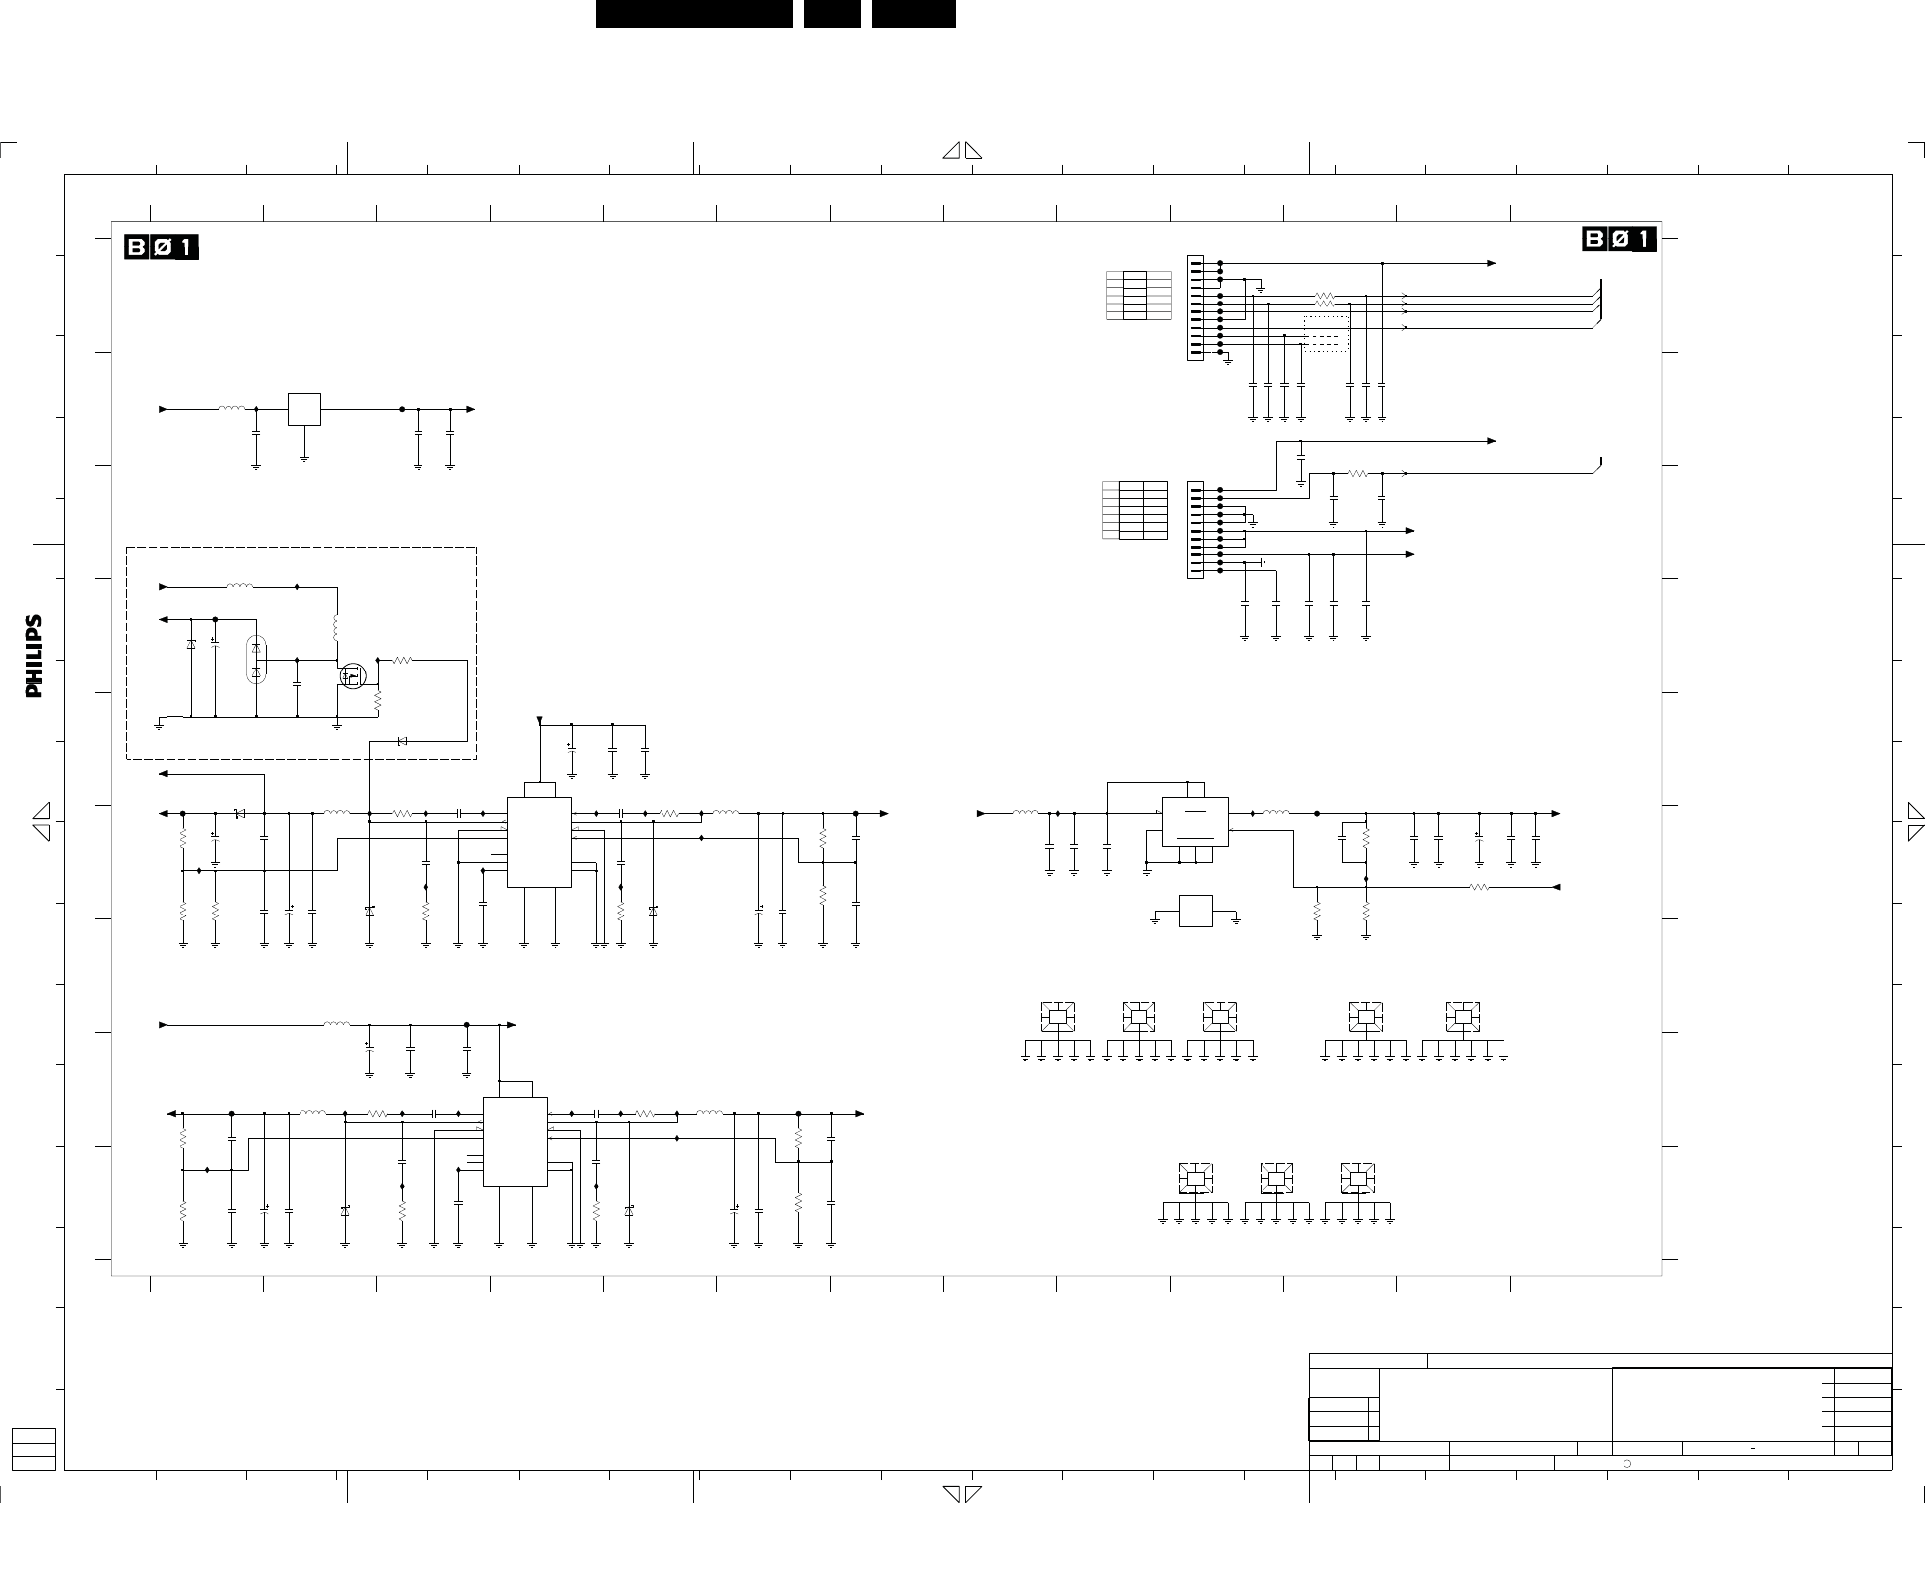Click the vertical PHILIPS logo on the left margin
(34, 656)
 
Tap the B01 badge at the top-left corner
(162, 246)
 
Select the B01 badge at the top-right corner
(1619, 239)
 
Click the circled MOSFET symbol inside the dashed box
(352, 675)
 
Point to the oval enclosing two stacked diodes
(256, 660)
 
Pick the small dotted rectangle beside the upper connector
(1325, 334)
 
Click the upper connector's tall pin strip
(1195, 308)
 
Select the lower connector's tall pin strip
(1195, 531)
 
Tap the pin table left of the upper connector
(1138, 295)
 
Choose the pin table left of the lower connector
(1135, 510)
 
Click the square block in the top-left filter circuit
(304, 409)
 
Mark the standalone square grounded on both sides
(1196, 912)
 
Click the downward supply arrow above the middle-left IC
(540, 720)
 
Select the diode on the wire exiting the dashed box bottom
(402, 741)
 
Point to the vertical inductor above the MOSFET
(336, 628)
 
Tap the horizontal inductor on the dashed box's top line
(239, 587)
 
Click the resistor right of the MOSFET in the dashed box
(403, 660)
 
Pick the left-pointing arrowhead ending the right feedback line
(1556, 887)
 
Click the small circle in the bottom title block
(1627, 1463)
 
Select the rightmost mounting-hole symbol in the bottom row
(1357, 1178)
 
